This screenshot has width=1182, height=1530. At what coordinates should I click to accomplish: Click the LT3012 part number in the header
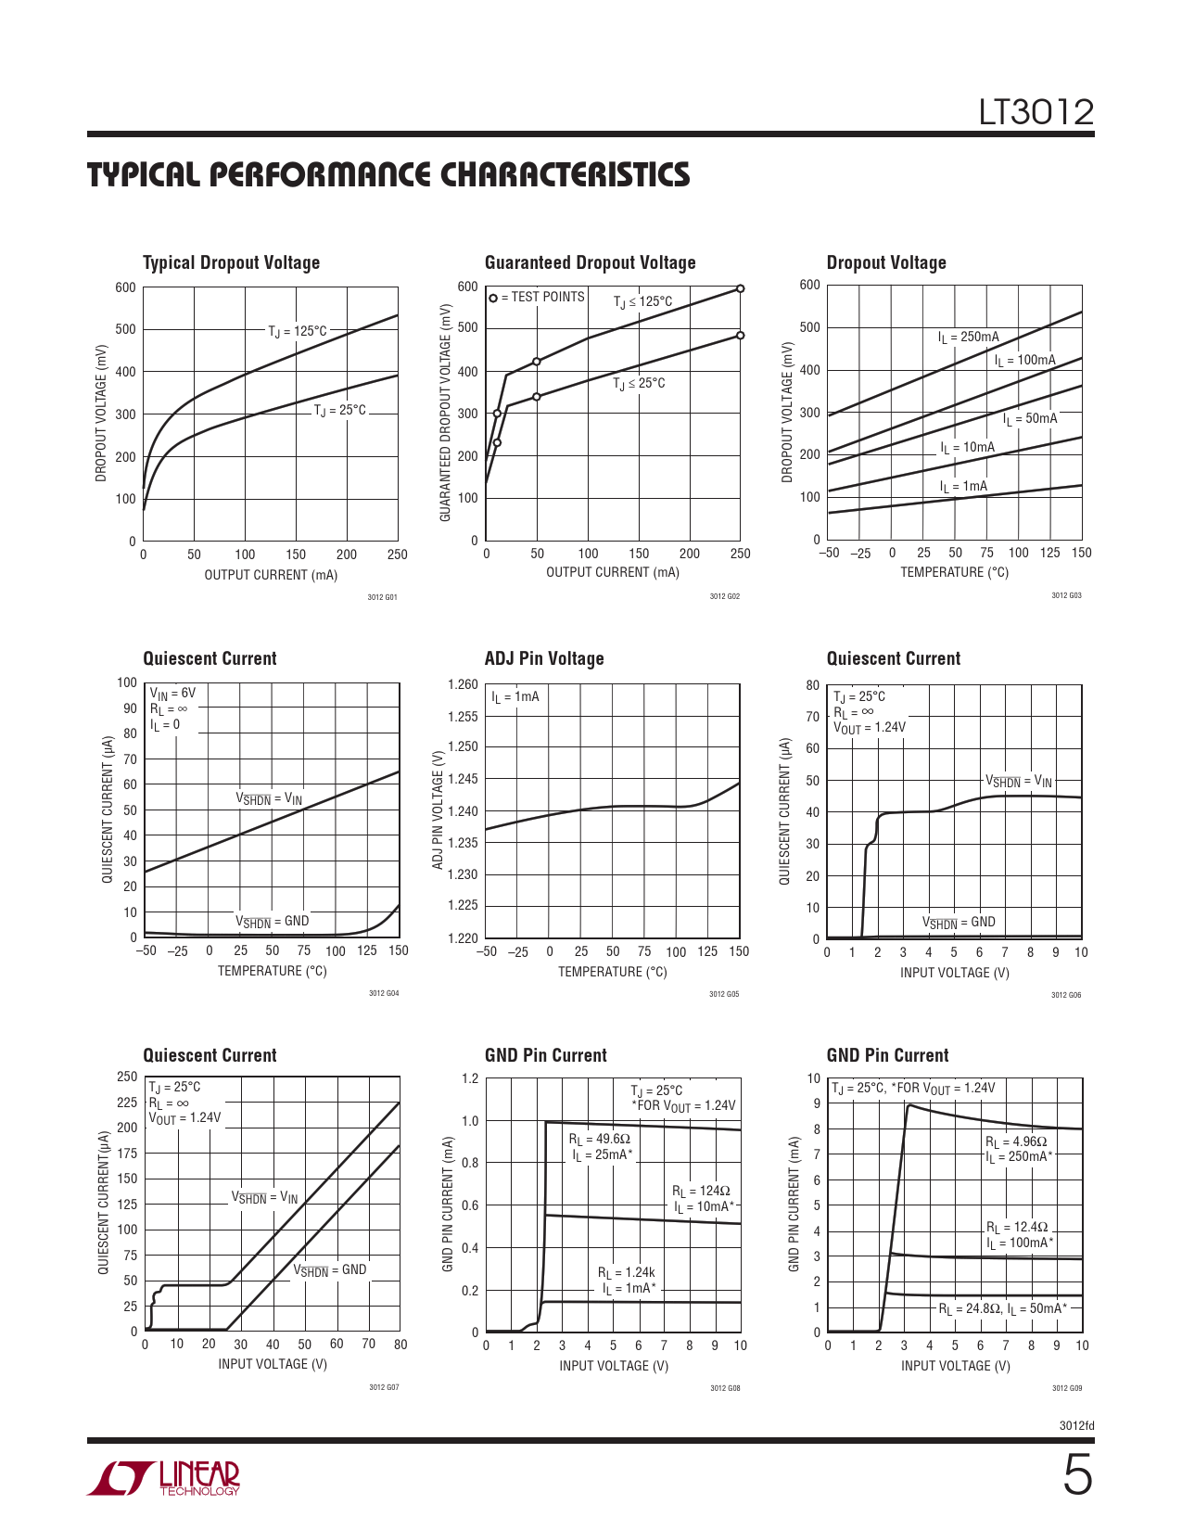(1036, 112)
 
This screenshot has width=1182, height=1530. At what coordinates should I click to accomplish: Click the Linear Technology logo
(164, 1478)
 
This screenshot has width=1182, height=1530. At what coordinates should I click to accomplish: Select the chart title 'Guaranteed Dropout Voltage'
(590, 262)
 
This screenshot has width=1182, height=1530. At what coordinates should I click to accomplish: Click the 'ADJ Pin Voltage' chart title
(544, 658)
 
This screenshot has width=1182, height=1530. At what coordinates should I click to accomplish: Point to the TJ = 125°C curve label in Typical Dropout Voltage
(298, 331)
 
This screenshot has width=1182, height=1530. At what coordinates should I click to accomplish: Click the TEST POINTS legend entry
(537, 297)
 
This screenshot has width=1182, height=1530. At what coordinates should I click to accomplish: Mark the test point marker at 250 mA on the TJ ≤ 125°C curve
(740, 288)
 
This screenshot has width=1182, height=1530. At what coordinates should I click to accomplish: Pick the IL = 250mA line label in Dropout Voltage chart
(968, 338)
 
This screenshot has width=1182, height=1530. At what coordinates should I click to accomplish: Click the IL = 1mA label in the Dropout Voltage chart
(963, 487)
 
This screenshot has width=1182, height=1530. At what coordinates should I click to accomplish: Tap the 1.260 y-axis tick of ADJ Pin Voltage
(463, 684)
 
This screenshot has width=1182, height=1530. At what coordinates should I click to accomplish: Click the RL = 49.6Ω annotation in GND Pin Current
(599, 1139)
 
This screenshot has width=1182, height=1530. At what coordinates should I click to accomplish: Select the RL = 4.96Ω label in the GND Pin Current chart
(1016, 1142)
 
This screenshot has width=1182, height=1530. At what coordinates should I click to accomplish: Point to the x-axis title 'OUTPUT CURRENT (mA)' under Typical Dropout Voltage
(271, 575)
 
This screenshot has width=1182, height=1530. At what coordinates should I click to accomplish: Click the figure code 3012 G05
(724, 994)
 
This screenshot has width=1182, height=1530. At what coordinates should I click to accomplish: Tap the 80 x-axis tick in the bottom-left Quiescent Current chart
(400, 1344)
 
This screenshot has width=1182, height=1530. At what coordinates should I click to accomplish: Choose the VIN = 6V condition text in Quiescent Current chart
(173, 693)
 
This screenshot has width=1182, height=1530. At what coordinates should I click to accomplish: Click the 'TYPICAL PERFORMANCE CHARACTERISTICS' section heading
(388, 175)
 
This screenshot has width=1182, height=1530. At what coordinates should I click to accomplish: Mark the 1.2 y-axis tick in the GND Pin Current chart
(470, 1078)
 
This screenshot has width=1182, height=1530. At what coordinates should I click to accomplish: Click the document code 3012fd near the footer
(1076, 1425)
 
